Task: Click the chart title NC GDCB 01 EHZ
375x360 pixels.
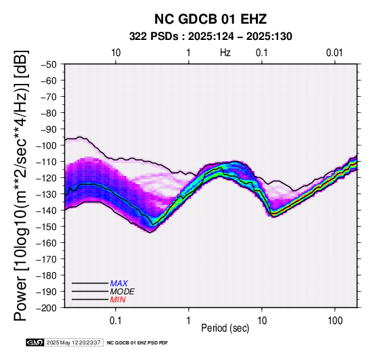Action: pyautogui.click(x=211, y=19)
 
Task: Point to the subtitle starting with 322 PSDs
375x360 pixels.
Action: pyautogui.click(x=211, y=37)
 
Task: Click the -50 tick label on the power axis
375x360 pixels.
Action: pyautogui.click(x=49, y=64)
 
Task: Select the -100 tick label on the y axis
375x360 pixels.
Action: pyautogui.click(x=47, y=145)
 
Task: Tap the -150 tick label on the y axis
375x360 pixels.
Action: pyautogui.click(x=47, y=227)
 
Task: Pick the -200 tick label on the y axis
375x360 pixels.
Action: pyautogui.click(x=47, y=308)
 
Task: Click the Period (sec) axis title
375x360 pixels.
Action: pyautogui.click(x=225, y=328)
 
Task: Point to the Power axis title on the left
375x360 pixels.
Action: pyautogui.click(x=21, y=185)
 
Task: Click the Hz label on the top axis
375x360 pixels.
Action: pyautogui.click(x=225, y=53)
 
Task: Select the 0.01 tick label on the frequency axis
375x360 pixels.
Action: pyautogui.click(x=334, y=53)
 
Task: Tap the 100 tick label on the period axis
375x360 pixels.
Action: pyautogui.click(x=335, y=321)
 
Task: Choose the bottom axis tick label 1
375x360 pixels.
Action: pyautogui.click(x=189, y=321)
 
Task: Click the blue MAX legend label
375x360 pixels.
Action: pyautogui.click(x=119, y=284)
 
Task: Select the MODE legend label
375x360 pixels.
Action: pyautogui.click(x=123, y=292)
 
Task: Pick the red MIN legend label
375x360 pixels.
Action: pyautogui.click(x=118, y=300)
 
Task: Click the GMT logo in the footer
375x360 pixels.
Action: pyautogui.click(x=35, y=342)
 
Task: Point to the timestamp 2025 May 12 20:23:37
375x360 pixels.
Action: pyautogui.click(x=73, y=342)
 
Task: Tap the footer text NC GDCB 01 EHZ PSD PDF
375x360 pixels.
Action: pyautogui.click(x=137, y=343)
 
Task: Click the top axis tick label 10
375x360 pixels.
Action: pyautogui.click(x=116, y=53)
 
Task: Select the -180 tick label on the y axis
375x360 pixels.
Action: pyautogui.click(x=47, y=275)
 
